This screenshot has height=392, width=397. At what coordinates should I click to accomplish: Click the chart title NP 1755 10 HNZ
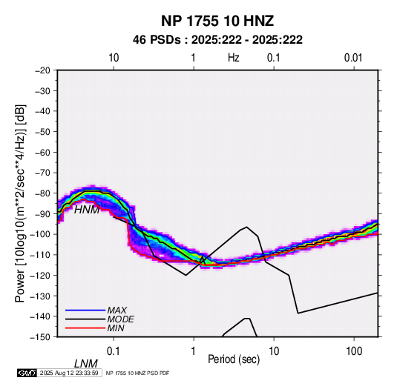(x=217, y=21)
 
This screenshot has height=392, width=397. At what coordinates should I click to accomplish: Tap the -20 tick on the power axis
(x=42, y=70)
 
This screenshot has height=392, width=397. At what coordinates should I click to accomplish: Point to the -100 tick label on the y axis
(x=40, y=234)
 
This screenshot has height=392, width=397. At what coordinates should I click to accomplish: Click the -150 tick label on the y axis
(x=40, y=337)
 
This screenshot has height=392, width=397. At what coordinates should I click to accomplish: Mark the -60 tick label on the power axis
(x=42, y=152)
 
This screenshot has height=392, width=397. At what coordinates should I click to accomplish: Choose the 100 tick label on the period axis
(x=354, y=351)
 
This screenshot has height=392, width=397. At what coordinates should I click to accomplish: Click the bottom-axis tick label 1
(x=194, y=351)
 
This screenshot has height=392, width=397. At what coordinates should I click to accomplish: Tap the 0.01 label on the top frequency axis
(x=353, y=58)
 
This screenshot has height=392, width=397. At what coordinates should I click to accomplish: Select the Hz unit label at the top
(x=234, y=58)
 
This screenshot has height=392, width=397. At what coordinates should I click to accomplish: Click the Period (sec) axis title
(x=234, y=359)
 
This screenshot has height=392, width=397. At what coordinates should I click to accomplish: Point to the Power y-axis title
(x=20, y=203)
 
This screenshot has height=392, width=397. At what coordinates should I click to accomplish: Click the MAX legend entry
(x=117, y=310)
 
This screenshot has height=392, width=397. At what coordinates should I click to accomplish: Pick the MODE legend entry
(x=120, y=319)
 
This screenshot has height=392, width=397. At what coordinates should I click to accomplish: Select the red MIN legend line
(x=85, y=328)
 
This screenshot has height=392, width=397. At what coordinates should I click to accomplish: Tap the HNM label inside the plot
(x=87, y=210)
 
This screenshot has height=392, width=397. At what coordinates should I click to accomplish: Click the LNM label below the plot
(x=86, y=364)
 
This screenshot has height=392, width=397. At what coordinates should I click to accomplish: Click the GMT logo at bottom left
(x=27, y=373)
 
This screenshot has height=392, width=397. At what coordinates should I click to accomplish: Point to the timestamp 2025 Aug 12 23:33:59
(x=69, y=373)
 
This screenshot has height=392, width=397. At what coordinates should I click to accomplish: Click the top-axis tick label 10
(x=114, y=58)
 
